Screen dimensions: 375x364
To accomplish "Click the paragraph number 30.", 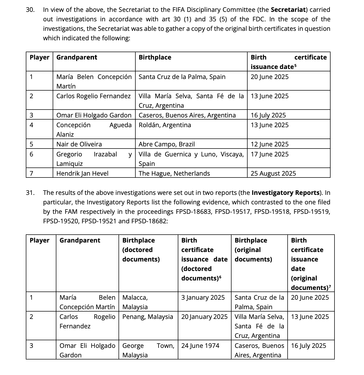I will [30, 10].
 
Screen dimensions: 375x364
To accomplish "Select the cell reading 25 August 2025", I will [273, 173].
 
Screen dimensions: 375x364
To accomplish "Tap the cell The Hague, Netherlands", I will [174, 173].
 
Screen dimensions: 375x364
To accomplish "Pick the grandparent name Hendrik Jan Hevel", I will [82, 173].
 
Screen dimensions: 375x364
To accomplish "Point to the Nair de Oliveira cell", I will [79, 144].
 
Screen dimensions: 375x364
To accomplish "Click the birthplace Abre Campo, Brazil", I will [167, 144].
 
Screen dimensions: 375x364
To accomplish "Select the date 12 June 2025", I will [269, 144].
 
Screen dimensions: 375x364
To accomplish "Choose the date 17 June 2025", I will [269, 154].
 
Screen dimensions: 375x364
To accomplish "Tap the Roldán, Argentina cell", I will [165, 125].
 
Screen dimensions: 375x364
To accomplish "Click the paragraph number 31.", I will [30, 193].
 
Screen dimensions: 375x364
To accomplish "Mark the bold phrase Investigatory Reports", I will [286, 193].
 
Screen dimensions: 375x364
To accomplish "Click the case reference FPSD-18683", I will [194, 212].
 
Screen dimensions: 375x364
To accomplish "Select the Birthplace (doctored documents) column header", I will [141, 250].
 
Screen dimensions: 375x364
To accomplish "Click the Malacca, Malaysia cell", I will [135, 302].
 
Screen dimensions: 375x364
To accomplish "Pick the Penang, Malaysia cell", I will [147, 317].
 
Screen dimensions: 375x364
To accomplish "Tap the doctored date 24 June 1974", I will [200, 346].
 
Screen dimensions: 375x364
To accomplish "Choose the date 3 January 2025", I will [203, 298].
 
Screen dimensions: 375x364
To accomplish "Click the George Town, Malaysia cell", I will [148, 350].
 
